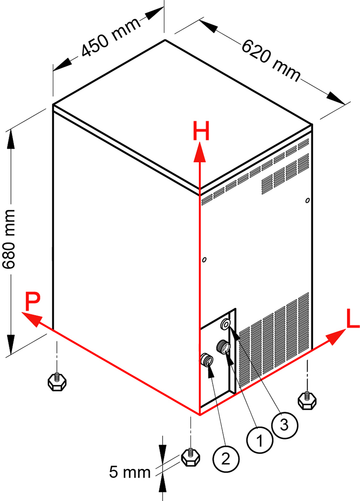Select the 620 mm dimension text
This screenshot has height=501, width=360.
click(x=271, y=60)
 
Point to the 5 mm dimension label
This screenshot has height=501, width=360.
click(x=130, y=472)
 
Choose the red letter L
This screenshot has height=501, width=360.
click(x=352, y=319)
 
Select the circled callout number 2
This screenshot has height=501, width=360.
click(x=225, y=458)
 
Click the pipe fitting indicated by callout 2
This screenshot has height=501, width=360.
click(x=207, y=360)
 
